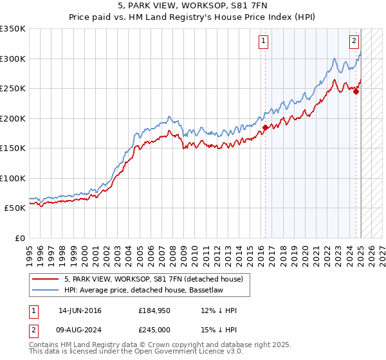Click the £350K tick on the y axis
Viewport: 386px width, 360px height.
click(13, 29)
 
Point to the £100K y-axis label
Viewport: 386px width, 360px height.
click(13, 178)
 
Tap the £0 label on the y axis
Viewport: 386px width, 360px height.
click(19, 238)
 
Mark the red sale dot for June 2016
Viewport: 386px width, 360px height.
click(264, 127)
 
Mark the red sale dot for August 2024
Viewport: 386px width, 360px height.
click(356, 91)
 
